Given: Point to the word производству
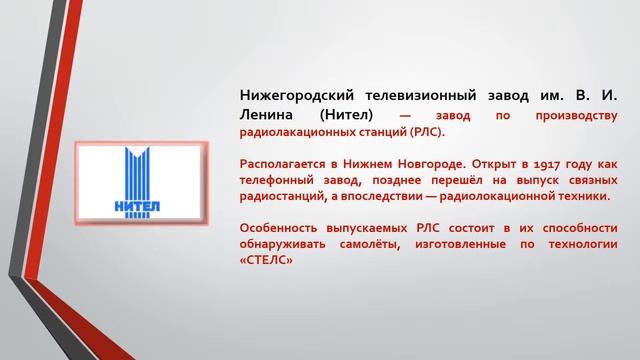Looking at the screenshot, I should [x=574, y=115].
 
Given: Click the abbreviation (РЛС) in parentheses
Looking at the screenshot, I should [x=424, y=132].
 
